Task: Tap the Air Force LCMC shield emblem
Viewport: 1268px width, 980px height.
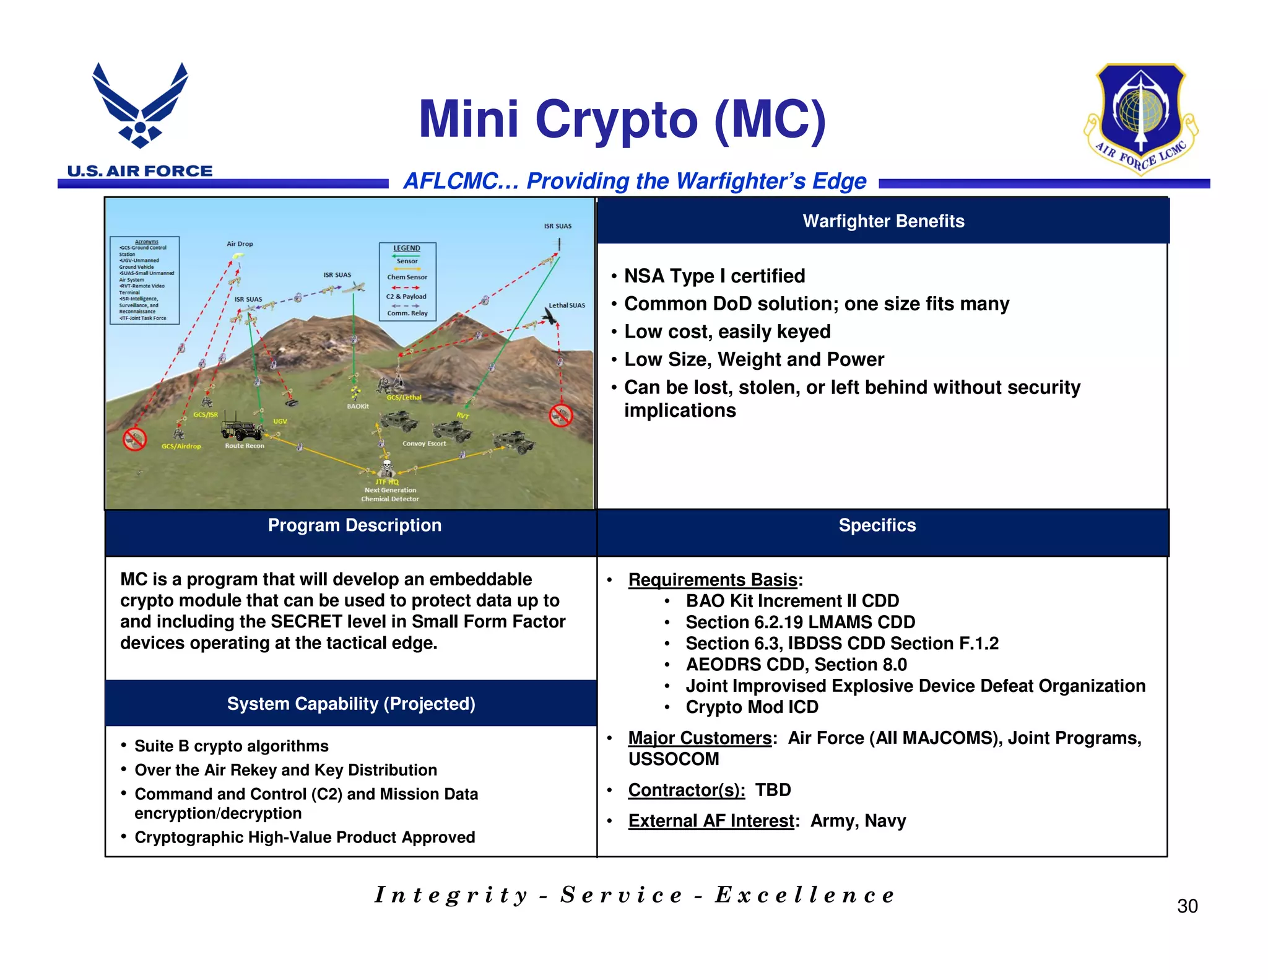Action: coord(1140,118)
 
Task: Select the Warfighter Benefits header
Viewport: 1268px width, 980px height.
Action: coord(883,221)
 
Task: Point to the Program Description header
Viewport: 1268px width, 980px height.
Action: coord(354,525)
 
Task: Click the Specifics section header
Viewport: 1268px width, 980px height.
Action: coord(877,525)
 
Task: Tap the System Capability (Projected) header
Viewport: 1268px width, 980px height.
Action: coord(351,704)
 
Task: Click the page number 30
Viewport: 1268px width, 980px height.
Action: coord(1187,906)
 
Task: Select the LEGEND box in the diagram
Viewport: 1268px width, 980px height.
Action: coord(407,281)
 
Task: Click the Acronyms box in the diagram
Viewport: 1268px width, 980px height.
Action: coord(144,280)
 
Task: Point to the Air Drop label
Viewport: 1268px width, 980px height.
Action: coord(240,244)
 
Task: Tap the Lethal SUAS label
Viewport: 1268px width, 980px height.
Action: coord(567,305)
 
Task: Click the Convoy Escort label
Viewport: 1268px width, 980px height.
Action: coord(423,444)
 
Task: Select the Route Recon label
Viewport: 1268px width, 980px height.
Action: coord(245,446)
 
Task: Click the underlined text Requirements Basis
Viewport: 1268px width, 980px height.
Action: coord(712,580)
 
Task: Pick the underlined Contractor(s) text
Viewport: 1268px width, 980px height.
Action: coord(686,790)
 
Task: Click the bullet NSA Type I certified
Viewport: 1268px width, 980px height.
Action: coord(714,276)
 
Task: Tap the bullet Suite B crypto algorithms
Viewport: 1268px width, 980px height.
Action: coord(231,746)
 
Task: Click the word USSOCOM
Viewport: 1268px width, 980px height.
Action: coord(674,759)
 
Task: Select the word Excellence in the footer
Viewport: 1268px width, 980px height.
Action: coord(805,895)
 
